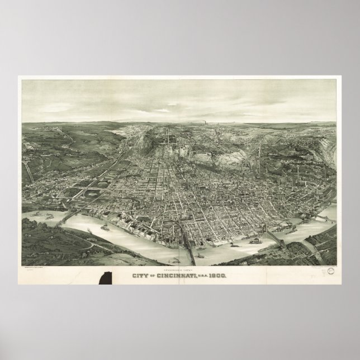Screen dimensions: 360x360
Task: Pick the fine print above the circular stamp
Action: (x=324, y=267)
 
